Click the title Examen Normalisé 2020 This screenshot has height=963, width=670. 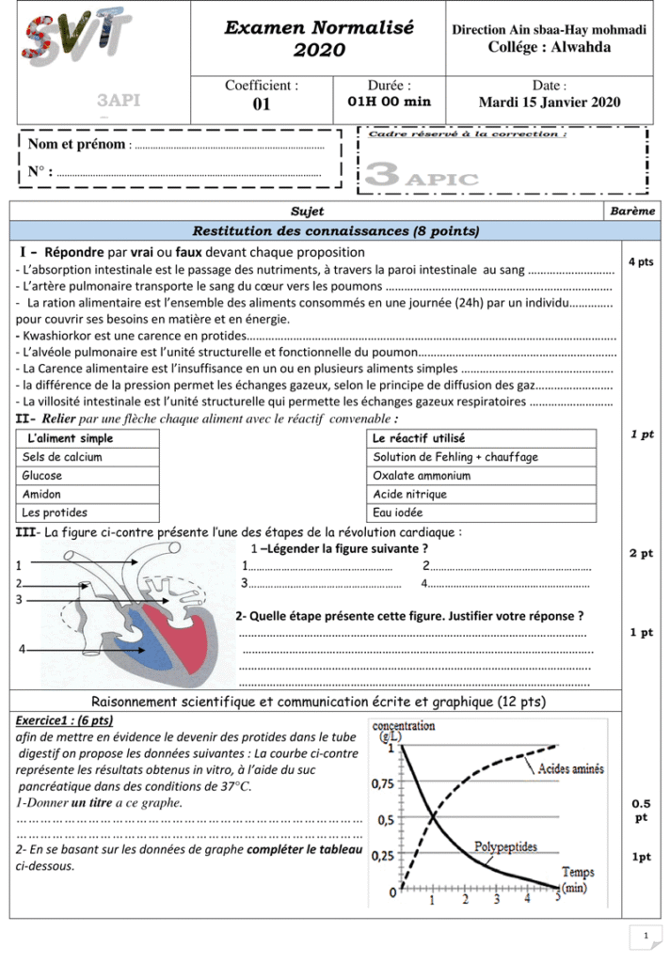(x=319, y=39)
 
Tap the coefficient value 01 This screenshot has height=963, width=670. (x=262, y=103)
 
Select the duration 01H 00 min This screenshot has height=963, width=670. (x=389, y=102)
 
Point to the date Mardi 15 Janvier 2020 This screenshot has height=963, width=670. (x=550, y=103)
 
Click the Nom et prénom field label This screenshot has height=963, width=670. (x=77, y=145)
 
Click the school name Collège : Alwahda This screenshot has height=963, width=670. (x=550, y=47)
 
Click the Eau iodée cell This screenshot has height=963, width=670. (x=397, y=513)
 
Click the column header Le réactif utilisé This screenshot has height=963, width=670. (x=419, y=438)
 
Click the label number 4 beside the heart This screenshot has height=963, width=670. (x=22, y=650)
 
